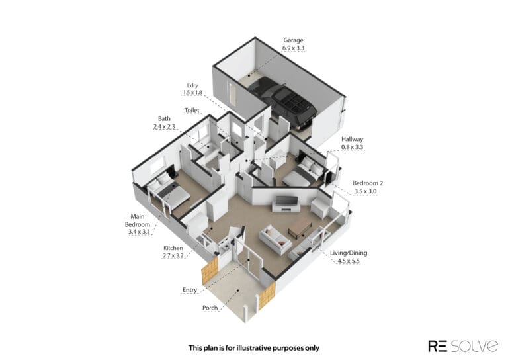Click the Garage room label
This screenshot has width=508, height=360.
(293, 40)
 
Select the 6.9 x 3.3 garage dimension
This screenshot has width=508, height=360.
(293, 48)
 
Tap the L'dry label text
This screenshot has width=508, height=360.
(192, 85)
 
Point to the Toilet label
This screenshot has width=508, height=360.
(192, 110)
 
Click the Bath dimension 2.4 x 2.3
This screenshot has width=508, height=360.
(164, 126)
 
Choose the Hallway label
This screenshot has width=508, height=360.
(352, 140)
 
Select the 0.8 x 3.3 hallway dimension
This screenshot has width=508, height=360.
(352, 147)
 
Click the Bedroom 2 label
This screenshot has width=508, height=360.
(368, 183)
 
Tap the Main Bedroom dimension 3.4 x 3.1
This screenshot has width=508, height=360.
(139, 232)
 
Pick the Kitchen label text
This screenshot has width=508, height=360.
(173, 248)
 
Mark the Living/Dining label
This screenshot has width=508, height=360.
(349, 253)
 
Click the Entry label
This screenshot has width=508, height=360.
(190, 290)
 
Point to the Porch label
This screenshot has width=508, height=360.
(210, 308)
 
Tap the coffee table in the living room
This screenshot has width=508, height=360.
(300, 227)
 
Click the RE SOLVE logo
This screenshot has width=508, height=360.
(463, 346)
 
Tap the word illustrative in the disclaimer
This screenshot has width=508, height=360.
(254, 348)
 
